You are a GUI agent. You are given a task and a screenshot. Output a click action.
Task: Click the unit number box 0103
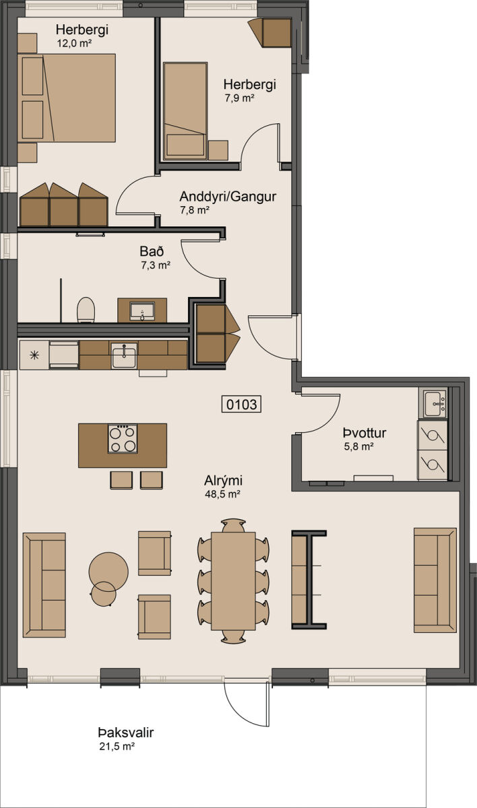(241, 404)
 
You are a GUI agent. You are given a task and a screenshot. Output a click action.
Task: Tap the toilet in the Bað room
(86, 310)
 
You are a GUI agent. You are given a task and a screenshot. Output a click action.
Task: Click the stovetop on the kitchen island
(123, 438)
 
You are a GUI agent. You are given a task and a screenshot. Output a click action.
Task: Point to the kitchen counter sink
(124, 355)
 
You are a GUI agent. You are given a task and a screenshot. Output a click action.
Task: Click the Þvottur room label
(364, 433)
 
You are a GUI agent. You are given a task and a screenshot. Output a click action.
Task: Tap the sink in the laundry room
(435, 403)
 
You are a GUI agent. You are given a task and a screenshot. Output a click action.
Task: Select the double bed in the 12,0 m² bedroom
(67, 98)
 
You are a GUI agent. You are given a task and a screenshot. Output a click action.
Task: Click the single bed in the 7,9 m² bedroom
(185, 110)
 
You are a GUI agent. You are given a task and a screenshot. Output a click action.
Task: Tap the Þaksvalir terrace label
(125, 733)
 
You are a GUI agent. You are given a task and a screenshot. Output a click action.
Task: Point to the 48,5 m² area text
(222, 494)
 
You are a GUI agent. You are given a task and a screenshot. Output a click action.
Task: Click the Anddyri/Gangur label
(228, 197)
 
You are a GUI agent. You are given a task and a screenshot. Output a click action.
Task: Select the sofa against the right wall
(435, 580)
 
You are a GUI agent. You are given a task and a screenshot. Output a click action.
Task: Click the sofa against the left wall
(44, 584)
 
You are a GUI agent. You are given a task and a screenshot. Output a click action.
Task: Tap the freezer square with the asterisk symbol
(34, 356)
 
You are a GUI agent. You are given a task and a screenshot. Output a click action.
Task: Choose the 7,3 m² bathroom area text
(156, 265)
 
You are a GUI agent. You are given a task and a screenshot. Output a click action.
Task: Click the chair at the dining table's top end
(233, 525)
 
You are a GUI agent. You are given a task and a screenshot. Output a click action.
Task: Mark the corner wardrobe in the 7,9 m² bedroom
(271, 32)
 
